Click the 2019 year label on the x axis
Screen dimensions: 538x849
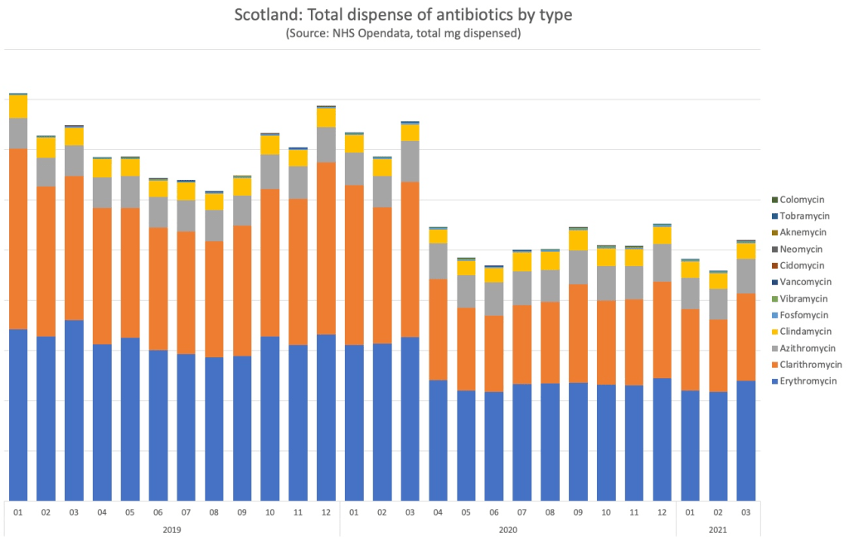pyautogui.click(x=172, y=528)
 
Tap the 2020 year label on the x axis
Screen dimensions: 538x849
pyautogui.click(x=507, y=528)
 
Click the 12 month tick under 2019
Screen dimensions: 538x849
pyautogui.click(x=326, y=512)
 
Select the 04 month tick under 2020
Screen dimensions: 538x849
pyautogui.click(x=438, y=512)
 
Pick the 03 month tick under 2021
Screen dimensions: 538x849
pyautogui.click(x=746, y=512)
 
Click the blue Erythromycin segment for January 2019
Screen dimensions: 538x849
pyautogui.click(x=18, y=414)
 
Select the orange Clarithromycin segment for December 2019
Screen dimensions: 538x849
pyautogui.click(x=326, y=249)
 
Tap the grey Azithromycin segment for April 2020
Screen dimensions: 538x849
pyautogui.click(x=438, y=261)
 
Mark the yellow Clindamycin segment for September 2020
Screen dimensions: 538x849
pyautogui.click(x=578, y=240)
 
